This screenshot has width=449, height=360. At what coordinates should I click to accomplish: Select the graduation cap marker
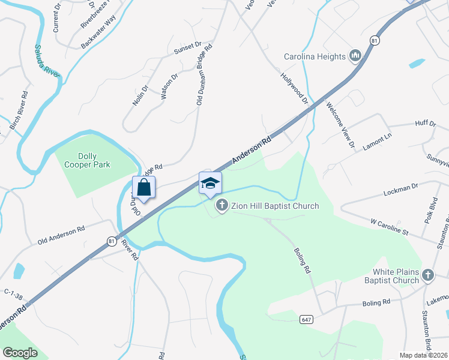click(x=210, y=183)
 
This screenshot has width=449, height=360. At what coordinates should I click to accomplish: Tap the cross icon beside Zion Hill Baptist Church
click(x=222, y=206)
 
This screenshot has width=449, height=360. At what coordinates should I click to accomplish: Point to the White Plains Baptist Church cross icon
click(x=428, y=275)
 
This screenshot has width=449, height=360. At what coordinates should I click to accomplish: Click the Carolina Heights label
click(x=315, y=57)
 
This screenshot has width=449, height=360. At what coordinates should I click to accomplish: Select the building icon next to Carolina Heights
click(x=355, y=56)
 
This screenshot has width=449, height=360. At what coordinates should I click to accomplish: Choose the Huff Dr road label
click(x=425, y=124)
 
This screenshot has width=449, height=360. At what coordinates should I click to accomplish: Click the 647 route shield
click(x=306, y=320)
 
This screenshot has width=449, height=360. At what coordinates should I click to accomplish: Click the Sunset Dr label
click(x=187, y=46)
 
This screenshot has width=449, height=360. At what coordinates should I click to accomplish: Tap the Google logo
click(x=20, y=353)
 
